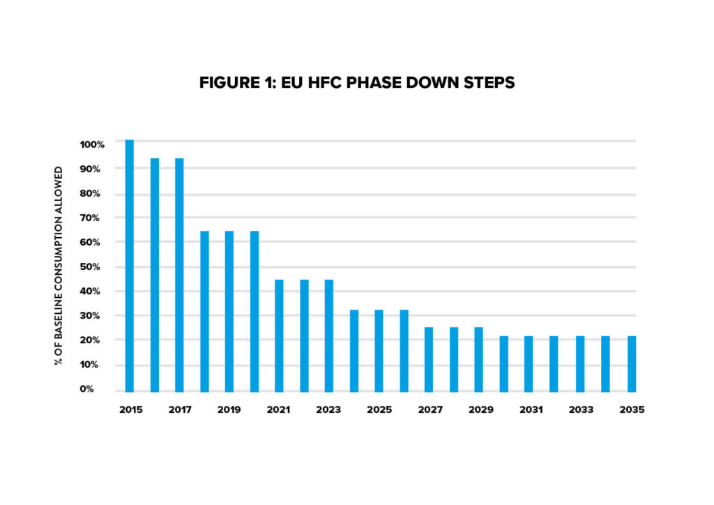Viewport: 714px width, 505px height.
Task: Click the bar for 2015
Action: coord(129,265)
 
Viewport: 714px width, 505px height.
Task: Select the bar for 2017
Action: coord(179,275)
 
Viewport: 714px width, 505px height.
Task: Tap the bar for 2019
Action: coord(229,311)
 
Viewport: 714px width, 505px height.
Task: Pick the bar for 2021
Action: coord(279,336)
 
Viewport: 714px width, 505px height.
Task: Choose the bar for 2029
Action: coord(478,359)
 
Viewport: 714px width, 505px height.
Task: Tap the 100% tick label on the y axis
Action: coord(92,144)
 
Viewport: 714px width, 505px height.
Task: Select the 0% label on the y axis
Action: coord(97,389)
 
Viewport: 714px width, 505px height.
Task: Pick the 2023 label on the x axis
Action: coord(329,410)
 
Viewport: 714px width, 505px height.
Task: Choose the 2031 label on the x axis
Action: coord(531,410)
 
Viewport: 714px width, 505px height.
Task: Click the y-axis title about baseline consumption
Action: coord(59,266)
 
